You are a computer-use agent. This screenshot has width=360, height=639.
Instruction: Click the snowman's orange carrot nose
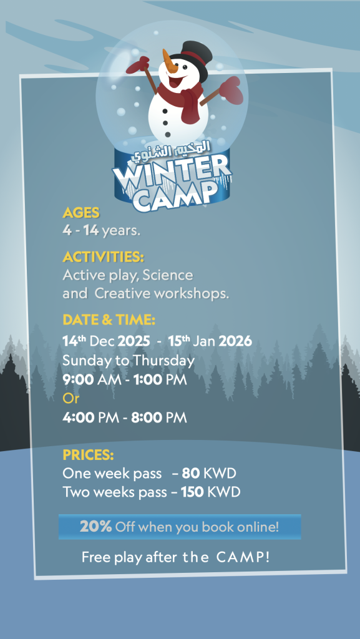169,61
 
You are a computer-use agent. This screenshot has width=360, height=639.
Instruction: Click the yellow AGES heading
81,213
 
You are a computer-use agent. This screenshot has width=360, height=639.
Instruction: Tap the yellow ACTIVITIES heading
104,257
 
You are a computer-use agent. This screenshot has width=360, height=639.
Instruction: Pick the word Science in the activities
168,275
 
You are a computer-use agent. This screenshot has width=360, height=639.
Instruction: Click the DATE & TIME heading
109,320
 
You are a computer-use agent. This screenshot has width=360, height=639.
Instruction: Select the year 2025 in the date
134,341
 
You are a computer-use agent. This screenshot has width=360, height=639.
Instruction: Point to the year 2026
235,341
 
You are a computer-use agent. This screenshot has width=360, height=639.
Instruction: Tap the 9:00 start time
78,380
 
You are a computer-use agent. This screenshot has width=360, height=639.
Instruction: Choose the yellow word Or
71,399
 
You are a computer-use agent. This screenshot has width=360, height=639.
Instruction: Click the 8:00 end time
147,417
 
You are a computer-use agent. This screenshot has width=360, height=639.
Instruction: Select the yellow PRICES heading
88,455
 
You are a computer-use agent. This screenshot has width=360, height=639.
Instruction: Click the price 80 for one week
190,474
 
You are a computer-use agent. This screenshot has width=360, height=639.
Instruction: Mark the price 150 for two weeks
192,492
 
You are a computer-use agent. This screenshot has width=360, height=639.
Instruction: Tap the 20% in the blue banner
95,527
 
